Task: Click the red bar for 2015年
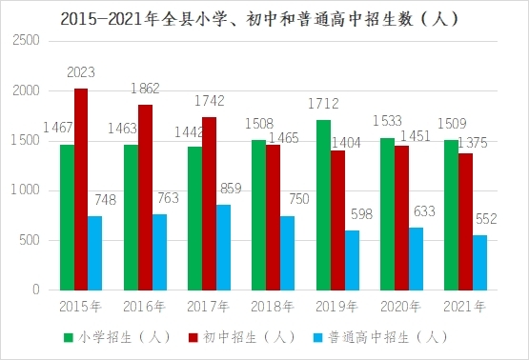pyautogui.click(x=81, y=190)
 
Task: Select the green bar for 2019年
pyautogui.click(x=323, y=205)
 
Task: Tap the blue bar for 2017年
pyautogui.click(x=223, y=248)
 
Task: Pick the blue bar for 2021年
pyautogui.click(x=479, y=263)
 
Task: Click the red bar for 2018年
pyautogui.click(x=273, y=217)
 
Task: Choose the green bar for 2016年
pyautogui.click(x=131, y=217)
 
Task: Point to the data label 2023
pyautogui.click(x=81, y=72)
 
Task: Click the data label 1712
pyautogui.click(x=323, y=104)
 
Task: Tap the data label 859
pyautogui.click(x=231, y=189)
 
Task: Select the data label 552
pyautogui.click(x=486, y=219)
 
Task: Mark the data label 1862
pyautogui.click(x=145, y=89)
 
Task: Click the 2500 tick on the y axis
pyautogui.click(x=26, y=40)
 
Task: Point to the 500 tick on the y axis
pyautogui.click(x=30, y=240)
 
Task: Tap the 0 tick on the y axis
pyautogui.click(x=36, y=290)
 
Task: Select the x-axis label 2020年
pyautogui.click(x=400, y=307)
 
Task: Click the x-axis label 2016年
pyautogui.click(x=144, y=307)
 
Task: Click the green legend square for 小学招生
pyautogui.click(x=69, y=337)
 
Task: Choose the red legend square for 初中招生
pyautogui.click(x=193, y=337)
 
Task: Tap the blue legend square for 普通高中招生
pyautogui.click(x=317, y=337)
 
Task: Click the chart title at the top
pyautogui.click(x=260, y=19)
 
